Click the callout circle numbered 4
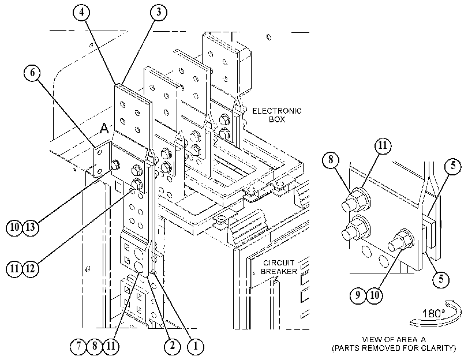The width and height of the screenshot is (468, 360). pyautogui.click(x=81, y=13)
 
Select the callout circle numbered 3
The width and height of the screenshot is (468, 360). pyautogui.click(x=159, y=13)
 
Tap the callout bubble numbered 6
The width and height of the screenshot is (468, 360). pyautogui.click(x=32, y=73)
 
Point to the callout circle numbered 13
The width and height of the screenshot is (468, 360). pyautogui.click(x=31, y=227)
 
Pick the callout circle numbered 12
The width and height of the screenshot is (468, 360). pyautogui.click(x=31, y=269)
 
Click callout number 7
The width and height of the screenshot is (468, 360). pyautogui.click(x=78, y=346)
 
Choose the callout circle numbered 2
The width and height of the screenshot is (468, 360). pyautogui.click(x=173, y=346)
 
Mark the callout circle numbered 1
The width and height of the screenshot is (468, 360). pyautogui.click(x=196, y=346)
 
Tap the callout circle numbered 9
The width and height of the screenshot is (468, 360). pyautogui.click(x=358, y=295)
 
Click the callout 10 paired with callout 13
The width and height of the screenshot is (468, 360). pyautogui.click(x=14, y=227)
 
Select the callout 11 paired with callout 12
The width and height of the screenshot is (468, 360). pyautogui.click(x=14, y=269)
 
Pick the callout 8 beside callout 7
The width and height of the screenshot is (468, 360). pyautogui.click(x=94, y=346)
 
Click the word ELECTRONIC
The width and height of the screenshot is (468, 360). pyautogui.click(x=276, y=111)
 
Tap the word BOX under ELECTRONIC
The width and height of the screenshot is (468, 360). pyautogui.click(x=276, y=119)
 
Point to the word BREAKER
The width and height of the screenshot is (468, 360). pyautogui.click(x=279, y=271)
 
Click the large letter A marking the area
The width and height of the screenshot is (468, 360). pyautogui.click(x=104, y=128)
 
